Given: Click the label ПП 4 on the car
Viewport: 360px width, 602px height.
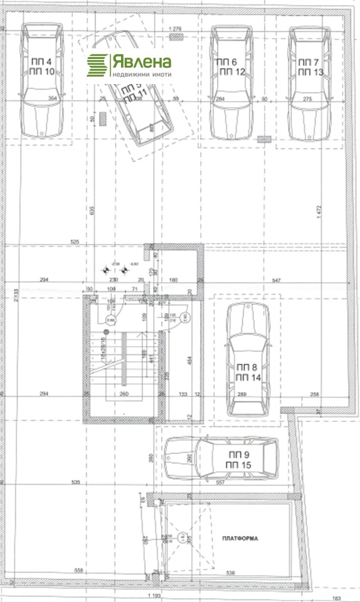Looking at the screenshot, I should (41, 62).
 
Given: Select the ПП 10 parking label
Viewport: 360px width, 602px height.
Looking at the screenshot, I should (41, 71).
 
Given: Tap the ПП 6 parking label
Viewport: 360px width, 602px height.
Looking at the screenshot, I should (226, 62).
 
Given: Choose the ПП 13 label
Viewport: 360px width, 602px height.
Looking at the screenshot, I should (309, 71).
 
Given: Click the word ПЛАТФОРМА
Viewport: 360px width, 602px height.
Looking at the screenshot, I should (239, 539).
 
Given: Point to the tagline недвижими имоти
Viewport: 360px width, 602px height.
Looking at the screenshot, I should (141, 74).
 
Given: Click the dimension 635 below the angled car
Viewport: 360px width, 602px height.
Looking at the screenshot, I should (92, 211).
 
